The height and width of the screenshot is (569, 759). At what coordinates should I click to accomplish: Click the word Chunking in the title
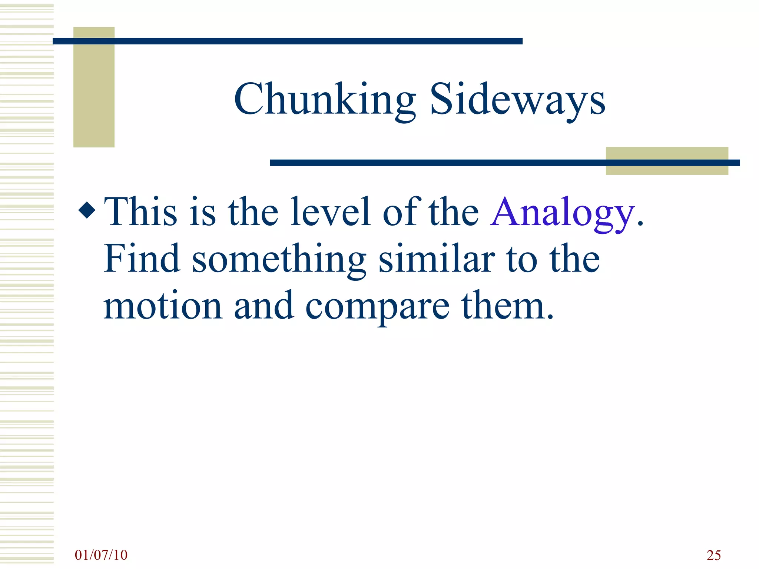coord(325,99)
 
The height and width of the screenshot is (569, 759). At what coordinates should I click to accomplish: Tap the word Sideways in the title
coord(517,99)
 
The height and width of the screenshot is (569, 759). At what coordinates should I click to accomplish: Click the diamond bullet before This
coord(87,210)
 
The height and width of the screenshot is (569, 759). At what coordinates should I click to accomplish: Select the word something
coord(279,259)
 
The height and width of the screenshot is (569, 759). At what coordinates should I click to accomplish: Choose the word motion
coord(163,306)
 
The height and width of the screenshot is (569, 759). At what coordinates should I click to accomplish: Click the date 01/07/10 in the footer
coord(101,555)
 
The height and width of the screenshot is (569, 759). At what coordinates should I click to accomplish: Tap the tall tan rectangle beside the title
coord(94,96)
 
